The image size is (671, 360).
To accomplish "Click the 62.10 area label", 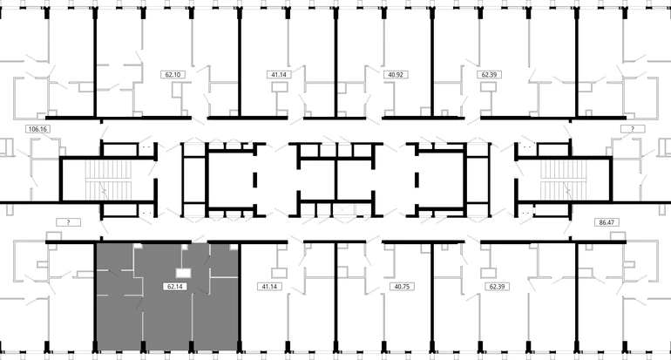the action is [173, 74].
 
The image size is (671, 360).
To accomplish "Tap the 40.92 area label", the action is [396, 74].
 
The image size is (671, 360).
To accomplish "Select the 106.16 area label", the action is [37, 128].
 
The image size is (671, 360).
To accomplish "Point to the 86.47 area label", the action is [607, 222].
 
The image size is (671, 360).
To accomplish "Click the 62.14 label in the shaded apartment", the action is [175, 287].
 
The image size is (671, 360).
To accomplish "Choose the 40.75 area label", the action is [402, 287].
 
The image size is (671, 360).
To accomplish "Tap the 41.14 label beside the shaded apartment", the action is [269, 287].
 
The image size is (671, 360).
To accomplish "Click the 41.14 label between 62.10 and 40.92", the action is [279, 74].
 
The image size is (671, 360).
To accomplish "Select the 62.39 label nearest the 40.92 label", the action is [489, 74].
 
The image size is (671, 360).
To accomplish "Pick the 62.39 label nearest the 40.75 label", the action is [497, 287].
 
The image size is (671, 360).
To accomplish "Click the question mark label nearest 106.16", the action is [69, 222].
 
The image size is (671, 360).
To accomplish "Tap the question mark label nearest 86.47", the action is [633, 128].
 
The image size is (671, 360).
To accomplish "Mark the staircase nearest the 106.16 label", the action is [108, 180].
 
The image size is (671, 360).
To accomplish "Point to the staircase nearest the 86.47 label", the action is [563, 180].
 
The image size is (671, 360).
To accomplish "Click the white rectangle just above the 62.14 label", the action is [184, 273].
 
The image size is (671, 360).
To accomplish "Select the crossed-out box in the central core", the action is [344, 210].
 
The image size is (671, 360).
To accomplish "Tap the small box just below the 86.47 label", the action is [618, 237].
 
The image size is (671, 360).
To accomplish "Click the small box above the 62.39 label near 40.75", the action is [488, 273].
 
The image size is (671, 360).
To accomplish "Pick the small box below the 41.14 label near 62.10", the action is [280, 87].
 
